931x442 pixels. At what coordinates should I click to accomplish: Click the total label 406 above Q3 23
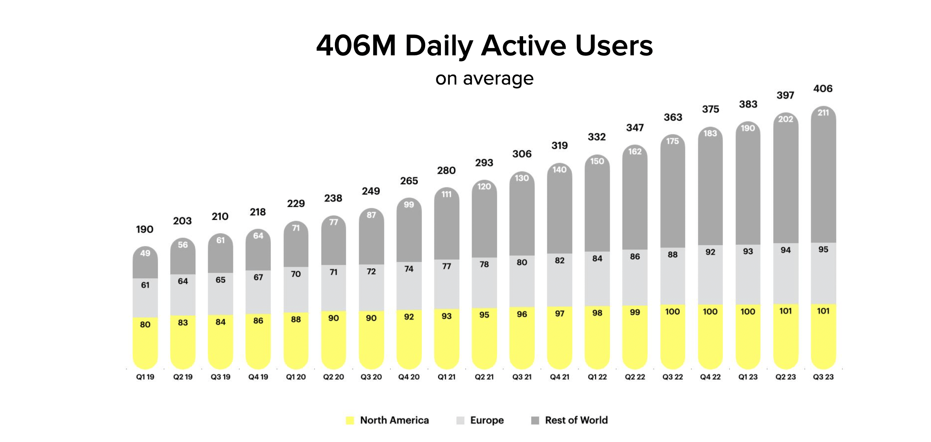(823, 89)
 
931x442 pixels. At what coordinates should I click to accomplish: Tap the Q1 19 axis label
(145, 377)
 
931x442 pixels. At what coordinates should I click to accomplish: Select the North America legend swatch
(350, 420)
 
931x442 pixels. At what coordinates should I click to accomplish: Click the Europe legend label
(487, 420)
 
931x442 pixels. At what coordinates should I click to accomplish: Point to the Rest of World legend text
(576, 420)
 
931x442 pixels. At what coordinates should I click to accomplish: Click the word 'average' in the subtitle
(498, 79)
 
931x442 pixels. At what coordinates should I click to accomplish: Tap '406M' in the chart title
(356, 46)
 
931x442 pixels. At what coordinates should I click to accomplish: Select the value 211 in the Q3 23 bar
(823, 113)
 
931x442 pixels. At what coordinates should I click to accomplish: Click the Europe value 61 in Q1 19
(145, 285)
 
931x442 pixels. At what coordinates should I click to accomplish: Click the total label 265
(409, 181)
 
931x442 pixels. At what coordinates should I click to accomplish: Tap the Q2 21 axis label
(484, 377)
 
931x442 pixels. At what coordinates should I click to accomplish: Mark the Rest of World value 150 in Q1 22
(597, 161)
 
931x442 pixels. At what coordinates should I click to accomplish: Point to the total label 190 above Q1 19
(144, 229)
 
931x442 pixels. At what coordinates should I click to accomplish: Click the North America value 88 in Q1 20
(296, 319)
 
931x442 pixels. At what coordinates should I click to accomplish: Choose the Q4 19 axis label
(258, 377)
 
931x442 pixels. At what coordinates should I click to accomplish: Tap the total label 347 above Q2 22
(634, 128)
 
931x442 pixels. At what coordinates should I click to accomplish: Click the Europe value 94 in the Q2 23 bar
(785, 250)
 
